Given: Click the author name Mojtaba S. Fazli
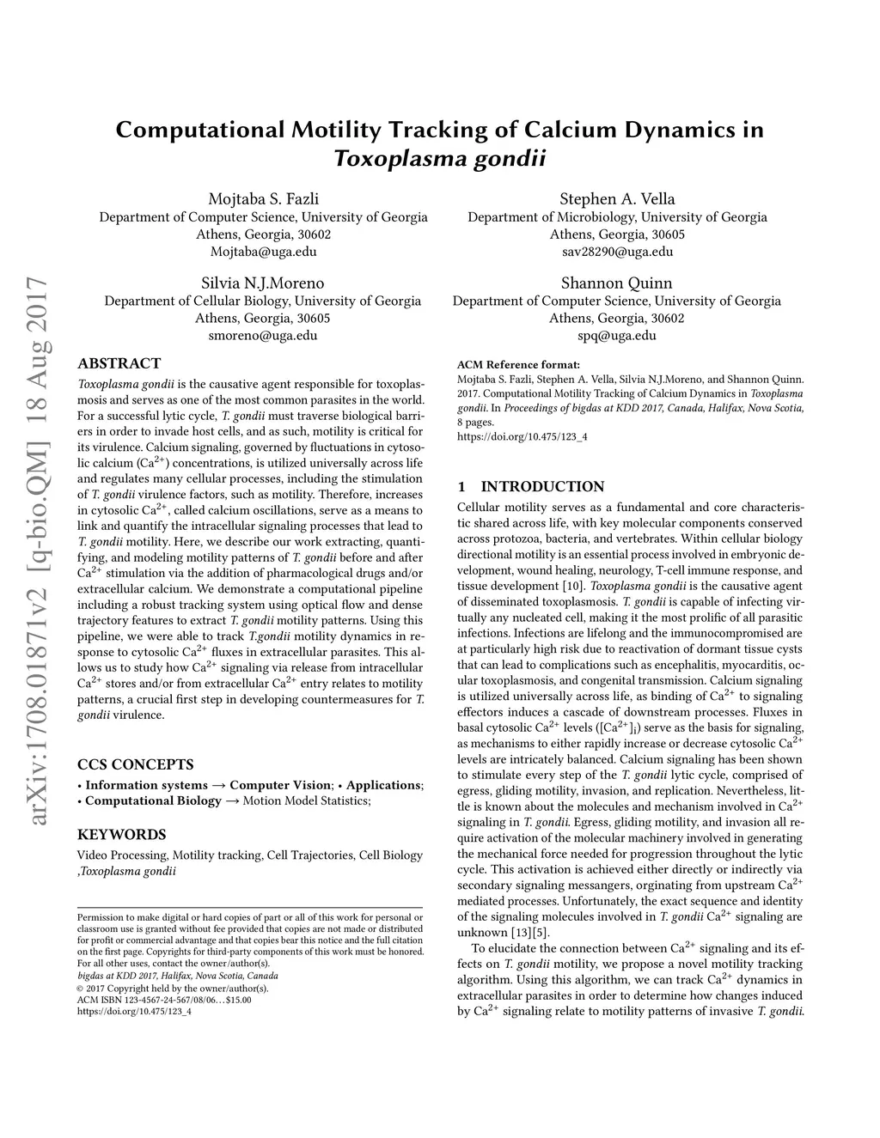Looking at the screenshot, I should [x=263, y=199].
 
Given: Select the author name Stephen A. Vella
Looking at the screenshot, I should [x=617, y=199].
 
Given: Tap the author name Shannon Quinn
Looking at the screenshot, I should [x=617, y=283].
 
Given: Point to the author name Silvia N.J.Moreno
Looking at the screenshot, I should [x=263, y=283].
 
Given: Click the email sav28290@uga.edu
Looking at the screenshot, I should [x=617, y=252].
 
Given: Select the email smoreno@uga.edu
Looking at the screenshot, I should [x=263, y=335].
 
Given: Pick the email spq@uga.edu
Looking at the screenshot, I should [x=617, y=335].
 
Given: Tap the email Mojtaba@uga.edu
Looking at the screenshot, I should [x=263, y=252].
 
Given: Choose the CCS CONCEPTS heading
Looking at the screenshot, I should [x=135, y=764].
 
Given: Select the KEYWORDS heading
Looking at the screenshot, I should [x=121, y=834].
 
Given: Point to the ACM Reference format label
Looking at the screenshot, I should [x=518, y=364].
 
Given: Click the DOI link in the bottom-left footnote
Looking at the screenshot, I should [x=134, y=1011].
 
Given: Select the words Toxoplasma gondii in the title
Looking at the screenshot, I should [x=439, y=159].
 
